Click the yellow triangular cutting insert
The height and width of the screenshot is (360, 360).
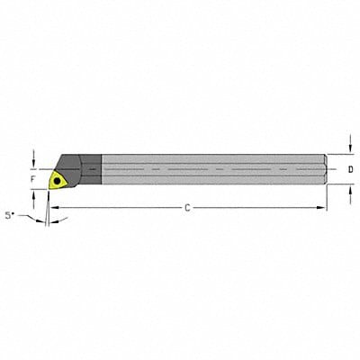coord(58,179)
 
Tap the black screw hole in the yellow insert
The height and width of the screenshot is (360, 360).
coord(59,179)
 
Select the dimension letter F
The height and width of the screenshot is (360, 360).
coord(33,179)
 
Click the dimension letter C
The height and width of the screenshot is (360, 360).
coord(186,208)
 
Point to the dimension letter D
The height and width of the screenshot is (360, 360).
coord(349,169)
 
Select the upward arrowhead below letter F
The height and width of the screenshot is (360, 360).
coord(34,193)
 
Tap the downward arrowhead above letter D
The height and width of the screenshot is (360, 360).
coord(349,149)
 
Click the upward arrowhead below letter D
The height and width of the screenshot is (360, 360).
coord(349,189)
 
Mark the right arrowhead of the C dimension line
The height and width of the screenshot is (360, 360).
coord(323,208)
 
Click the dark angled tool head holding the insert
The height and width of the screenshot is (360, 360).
coord(72,166)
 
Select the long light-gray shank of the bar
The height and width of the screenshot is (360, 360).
coord(207,169)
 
